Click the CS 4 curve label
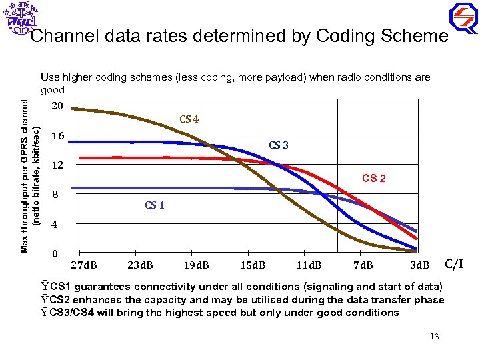click(189, 120)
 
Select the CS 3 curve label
click(279, 145)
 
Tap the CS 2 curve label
click(373, 178)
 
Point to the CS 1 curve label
click(155, 205)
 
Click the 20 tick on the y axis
click(57, 107)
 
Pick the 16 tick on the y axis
click(57, 136)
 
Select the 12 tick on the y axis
click(57, 165)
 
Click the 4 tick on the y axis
click(55, 225)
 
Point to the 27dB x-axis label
click(85, 265)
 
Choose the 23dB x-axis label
click(141, 265)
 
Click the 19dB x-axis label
click(196, 265)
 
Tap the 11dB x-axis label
click(308, 265)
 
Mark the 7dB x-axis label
click(363, 265)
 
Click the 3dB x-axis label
click(419, 265)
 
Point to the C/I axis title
click(453, 264)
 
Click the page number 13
click(434, 336)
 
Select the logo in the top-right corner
click(463, 18)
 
